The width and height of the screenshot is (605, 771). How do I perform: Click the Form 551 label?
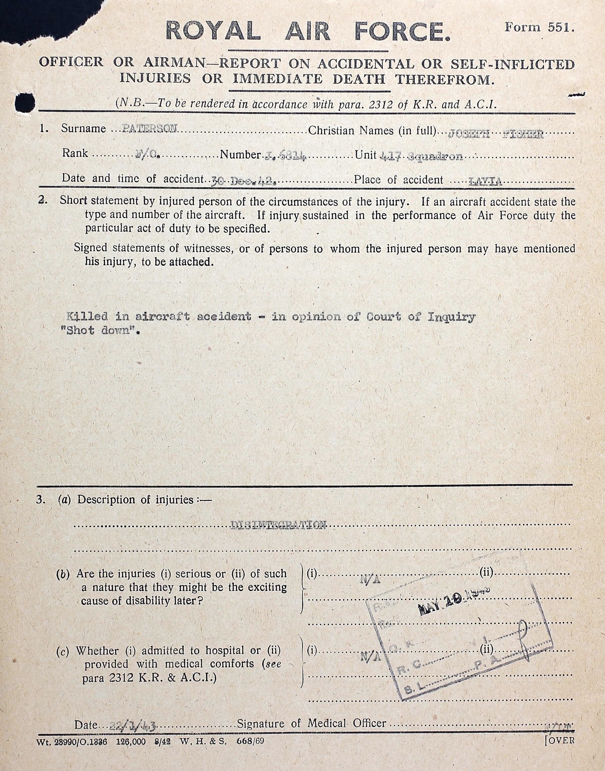tap(539, 28)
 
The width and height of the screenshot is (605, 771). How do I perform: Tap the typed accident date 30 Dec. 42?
tap(244, 181)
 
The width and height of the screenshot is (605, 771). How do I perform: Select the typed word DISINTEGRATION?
tap(278, 525)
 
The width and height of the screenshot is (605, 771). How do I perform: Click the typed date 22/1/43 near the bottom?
tap(133, 724)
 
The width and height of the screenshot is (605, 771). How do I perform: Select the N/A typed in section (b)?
tap(370, 580)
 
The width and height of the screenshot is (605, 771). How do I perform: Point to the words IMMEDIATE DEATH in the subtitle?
tap(308, 79)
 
